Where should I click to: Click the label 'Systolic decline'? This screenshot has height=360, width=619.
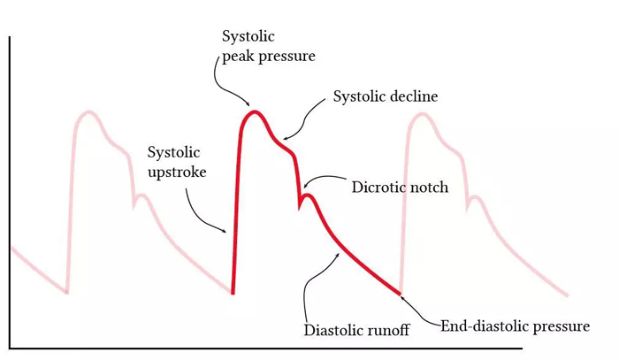[386, 96]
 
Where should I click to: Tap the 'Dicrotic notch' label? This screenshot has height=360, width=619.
[400, 188]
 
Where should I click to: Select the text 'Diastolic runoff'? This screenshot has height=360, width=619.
[356, 330]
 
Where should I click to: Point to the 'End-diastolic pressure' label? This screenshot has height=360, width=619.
[516, 326]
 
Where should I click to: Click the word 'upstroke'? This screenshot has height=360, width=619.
[177, 172]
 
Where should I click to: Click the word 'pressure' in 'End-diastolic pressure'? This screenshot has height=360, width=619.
[562, 327]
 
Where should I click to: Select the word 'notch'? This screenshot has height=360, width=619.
[430, 188]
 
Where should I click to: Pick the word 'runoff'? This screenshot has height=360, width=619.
[389, 330]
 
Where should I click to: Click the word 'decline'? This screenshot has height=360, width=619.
[414, 96]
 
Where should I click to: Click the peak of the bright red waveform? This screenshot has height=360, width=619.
[255, 112]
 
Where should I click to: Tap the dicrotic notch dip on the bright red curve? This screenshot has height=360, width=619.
[299, 207]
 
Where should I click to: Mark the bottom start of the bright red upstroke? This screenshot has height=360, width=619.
[233, 293]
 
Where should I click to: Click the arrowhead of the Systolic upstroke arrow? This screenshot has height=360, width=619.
[225, 232]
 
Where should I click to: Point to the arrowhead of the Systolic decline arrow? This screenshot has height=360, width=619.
[285, 138]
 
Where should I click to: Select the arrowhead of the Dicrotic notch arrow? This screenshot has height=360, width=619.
[305, 187]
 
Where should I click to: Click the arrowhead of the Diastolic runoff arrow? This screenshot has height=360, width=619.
[339, 254]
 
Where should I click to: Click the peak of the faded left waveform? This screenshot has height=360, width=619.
[89, 112]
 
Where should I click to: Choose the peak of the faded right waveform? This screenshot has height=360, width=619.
[422, 114]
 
